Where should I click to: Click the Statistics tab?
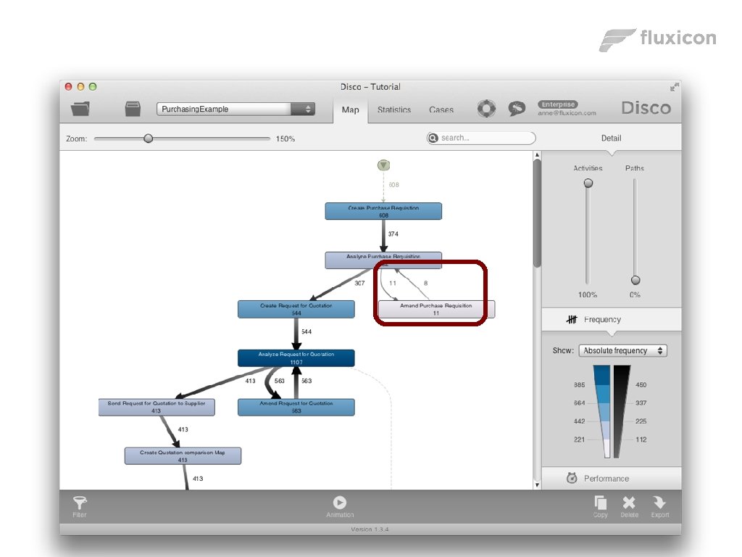(393, 110)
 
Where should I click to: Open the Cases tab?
(441, 110)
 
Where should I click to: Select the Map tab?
(350, 110)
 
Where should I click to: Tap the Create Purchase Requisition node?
(383, 211)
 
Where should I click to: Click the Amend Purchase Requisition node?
(436, 309)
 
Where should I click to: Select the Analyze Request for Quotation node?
(296, 358)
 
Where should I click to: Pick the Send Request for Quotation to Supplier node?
(157, 407)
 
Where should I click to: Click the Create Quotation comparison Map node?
(183, 455)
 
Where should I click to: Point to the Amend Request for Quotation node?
(296, 407)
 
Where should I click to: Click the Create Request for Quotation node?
(296, 309)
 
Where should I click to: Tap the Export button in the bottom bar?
(659, 506)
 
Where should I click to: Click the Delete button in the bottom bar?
(629, 506)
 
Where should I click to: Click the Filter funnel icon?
(80, 505)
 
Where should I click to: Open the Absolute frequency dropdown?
(622, 350)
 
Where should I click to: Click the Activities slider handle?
(588, 183)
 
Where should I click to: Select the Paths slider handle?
(635, 280)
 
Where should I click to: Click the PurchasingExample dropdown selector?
(235, 109)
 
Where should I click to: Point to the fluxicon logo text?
(678, 38)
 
